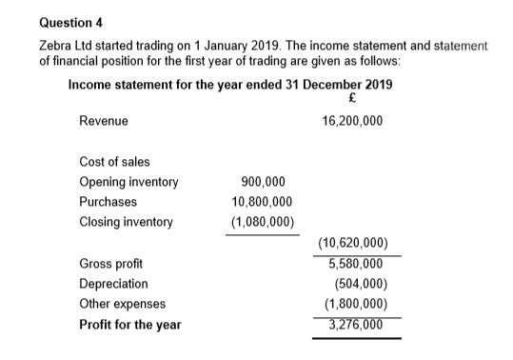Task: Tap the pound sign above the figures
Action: pos(353,100)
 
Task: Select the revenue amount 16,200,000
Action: pos(353,122)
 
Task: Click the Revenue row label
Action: pos(104,122)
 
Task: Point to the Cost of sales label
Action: pos(114,162)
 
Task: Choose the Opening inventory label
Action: pos(128,182)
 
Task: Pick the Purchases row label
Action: pos(109,202)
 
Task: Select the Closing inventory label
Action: pos(127,222)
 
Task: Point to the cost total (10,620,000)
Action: pos(353,244)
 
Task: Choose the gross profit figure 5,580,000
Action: pos(355,264)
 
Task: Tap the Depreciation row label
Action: pos(114,284)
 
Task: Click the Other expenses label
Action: pos(123,304)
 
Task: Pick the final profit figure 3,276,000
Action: pos(355,324)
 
